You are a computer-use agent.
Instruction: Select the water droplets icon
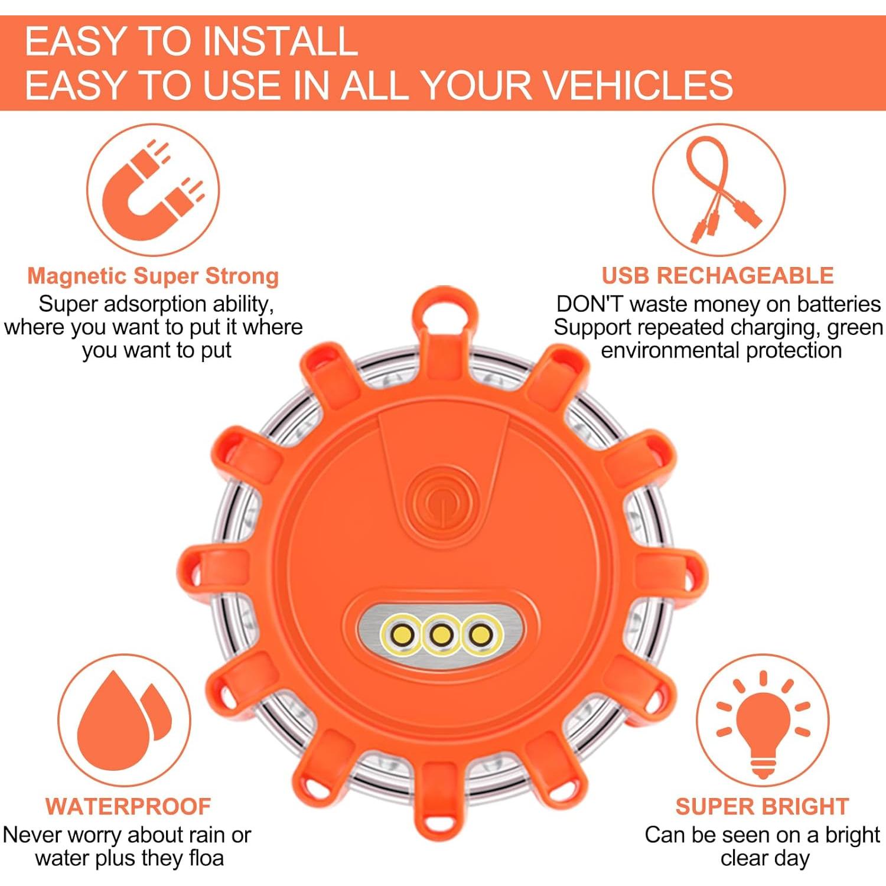(x=123, y=721)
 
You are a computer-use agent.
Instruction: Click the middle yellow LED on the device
(x=441, y=636)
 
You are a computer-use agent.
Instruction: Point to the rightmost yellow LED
(x=481, y=636)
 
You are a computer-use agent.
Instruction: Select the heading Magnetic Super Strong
(x=153, y=276)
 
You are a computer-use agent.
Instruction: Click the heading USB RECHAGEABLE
(x=718, y=276)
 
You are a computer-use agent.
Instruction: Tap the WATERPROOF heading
(x=128, y=806)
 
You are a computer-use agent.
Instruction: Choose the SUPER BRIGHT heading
(x=762, y=806)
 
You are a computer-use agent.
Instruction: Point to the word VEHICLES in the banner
(x=638, y=85)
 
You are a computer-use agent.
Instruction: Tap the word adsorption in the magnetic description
(x=156, y=304)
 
